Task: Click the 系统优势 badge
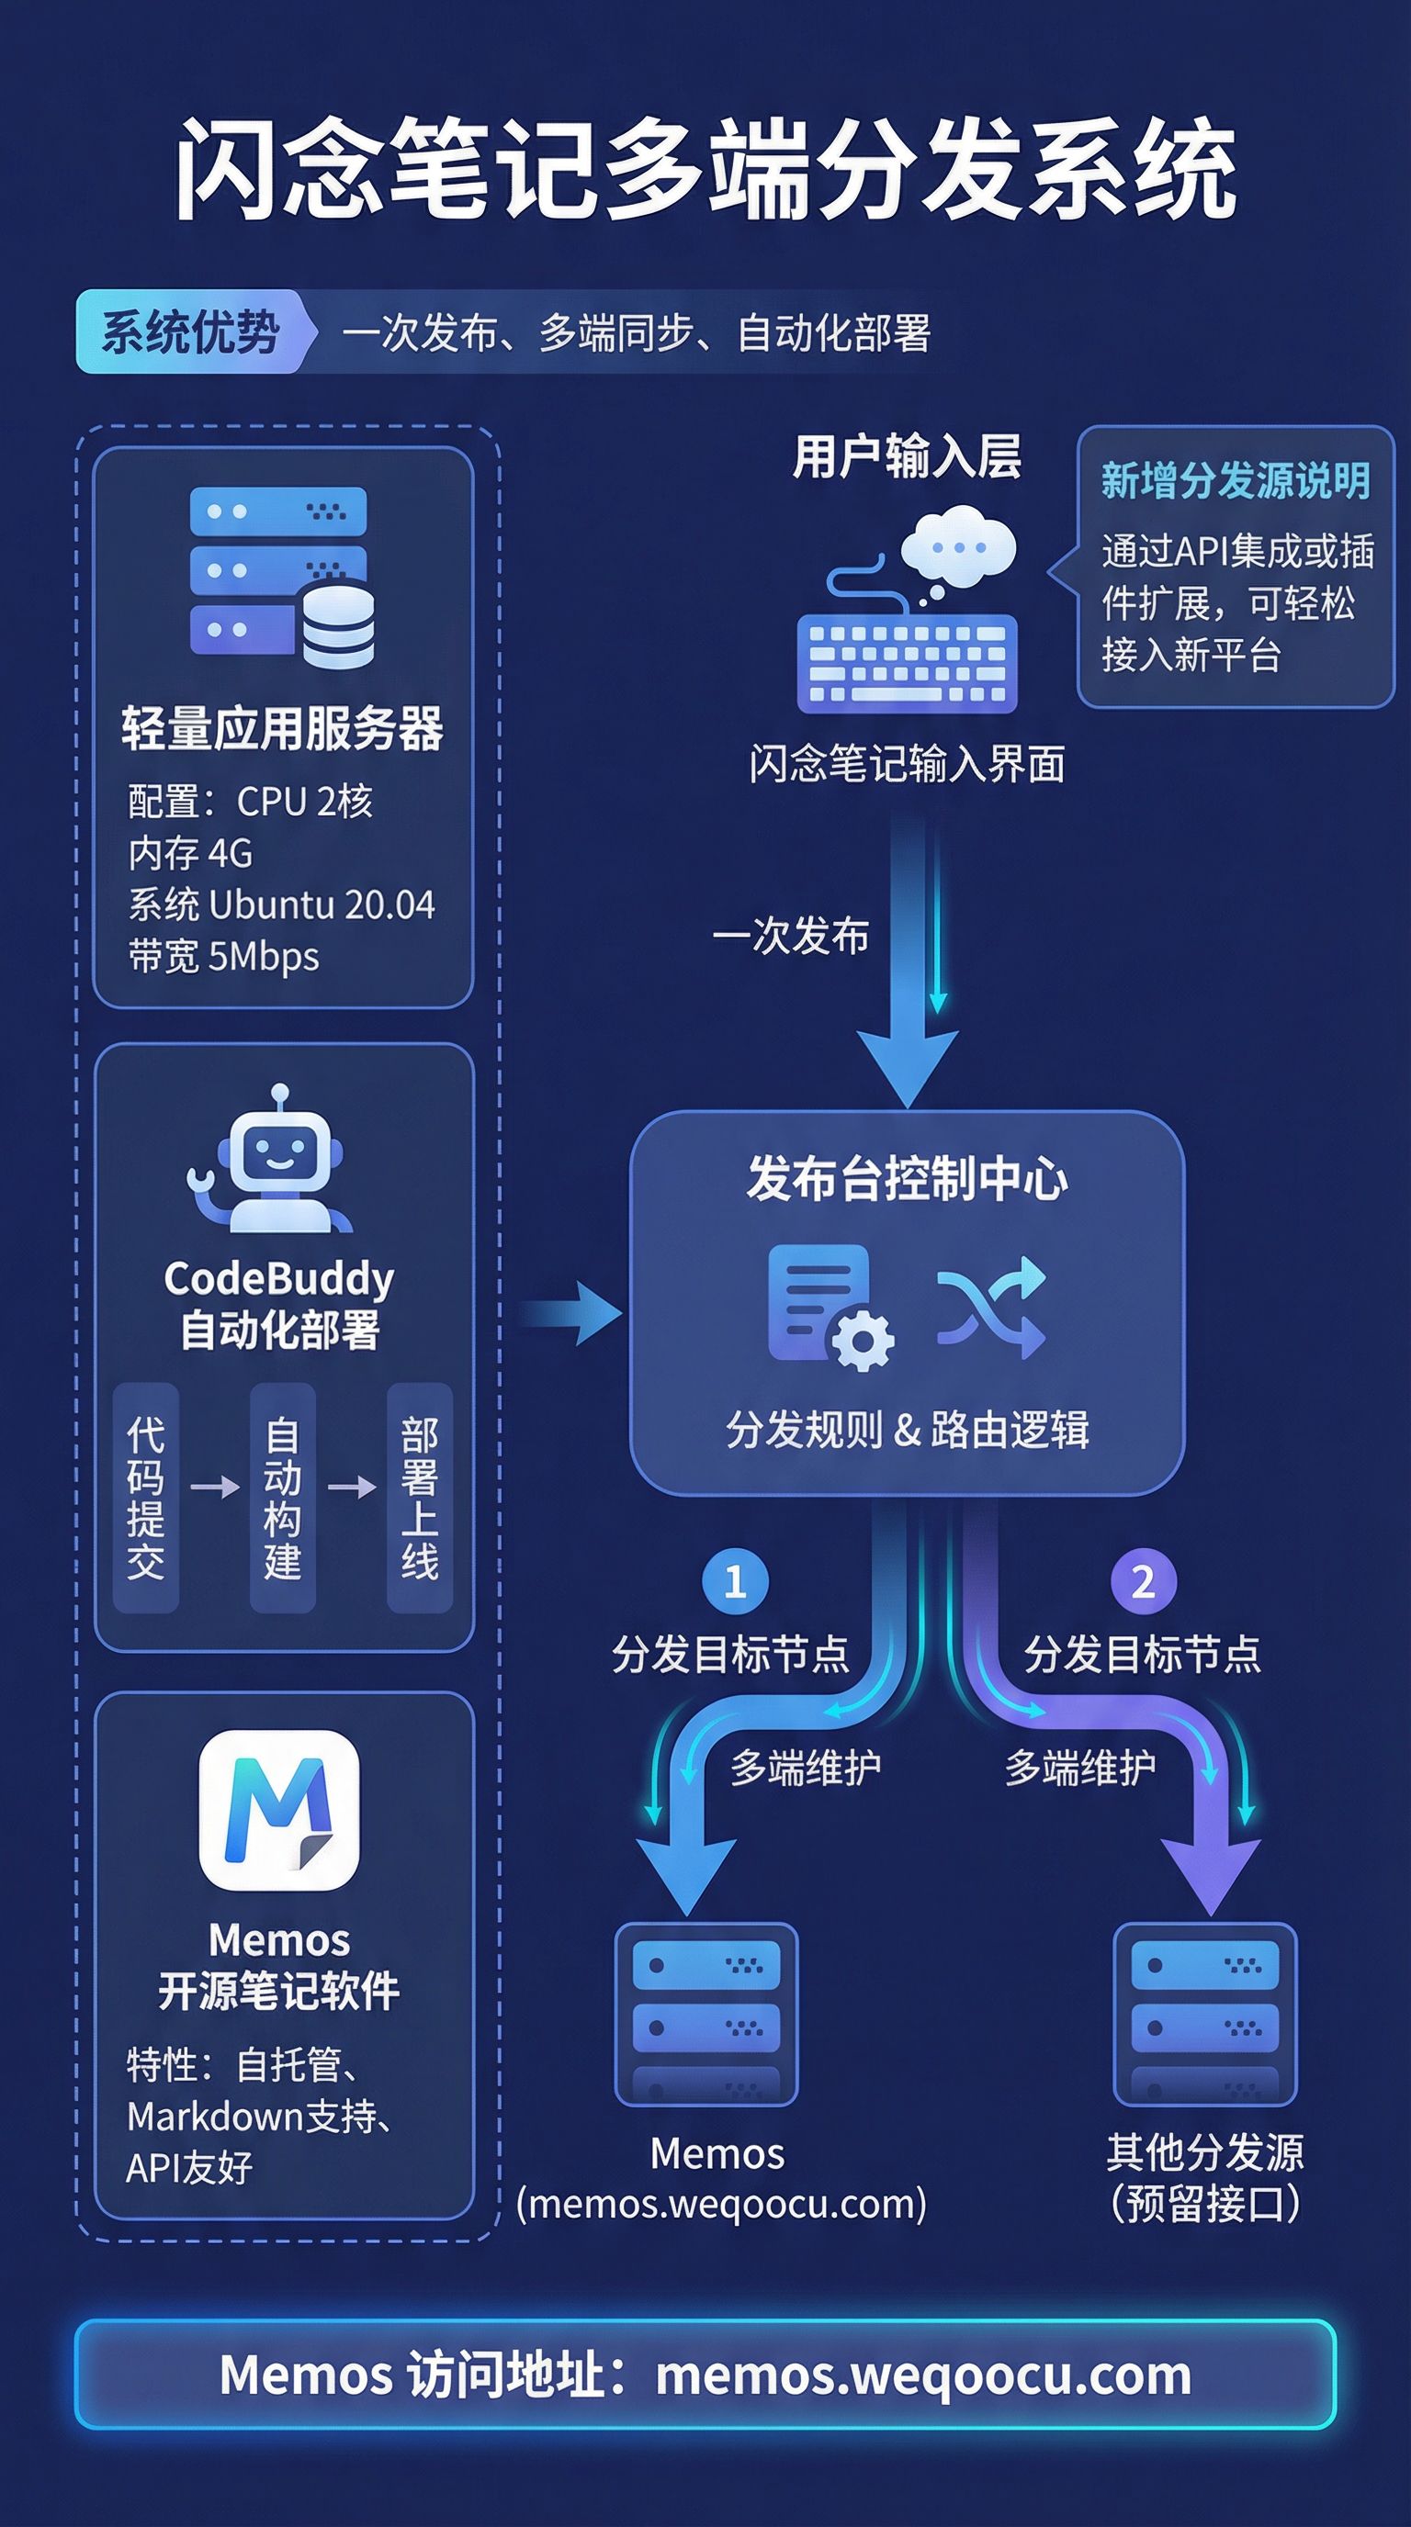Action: [x=191, y=331]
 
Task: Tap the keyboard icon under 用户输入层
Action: [x=907, y=662]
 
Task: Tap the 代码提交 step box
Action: [x=145, y=1497]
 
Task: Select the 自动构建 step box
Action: [x=283, y=1497]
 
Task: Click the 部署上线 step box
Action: [x=419, y=1497]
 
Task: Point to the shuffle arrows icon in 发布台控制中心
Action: [x=991, y=1308]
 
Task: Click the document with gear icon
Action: [x=830, y=1307]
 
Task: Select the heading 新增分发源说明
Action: [x=1235, y=480]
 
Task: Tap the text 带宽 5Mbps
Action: [x=224, y=957]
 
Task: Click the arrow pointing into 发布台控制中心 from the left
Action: [x=572, y=1312]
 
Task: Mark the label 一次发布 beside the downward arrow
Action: [x=791, y=936]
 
